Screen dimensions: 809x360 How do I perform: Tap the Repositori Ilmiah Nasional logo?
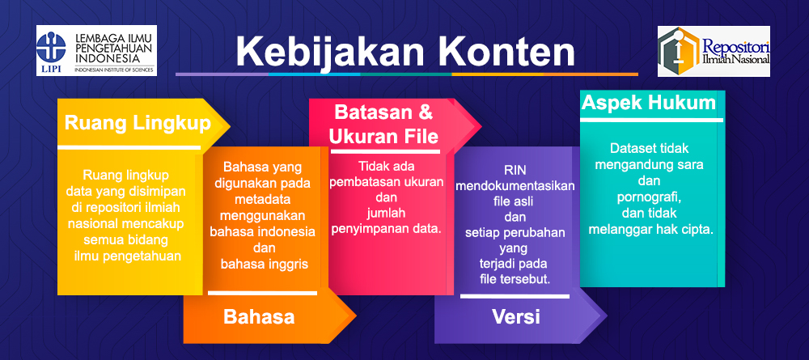click(714, 51)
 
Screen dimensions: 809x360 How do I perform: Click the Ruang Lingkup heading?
click(138, 124)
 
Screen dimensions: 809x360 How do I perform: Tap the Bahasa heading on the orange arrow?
click(259, 316)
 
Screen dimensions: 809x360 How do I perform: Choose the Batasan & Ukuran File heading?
click(383, 125)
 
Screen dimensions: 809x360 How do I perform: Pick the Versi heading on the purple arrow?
click(516, 316)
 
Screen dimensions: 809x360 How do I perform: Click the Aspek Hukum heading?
click(649, 103)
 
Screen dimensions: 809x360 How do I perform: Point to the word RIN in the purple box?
click(515, 170)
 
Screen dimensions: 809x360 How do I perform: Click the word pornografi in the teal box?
click(649, 197)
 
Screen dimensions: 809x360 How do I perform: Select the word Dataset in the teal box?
click(629, 149)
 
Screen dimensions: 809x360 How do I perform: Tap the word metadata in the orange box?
click(262, 199)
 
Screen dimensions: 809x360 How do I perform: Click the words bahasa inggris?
click(265, 264)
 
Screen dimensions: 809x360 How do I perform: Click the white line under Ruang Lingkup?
click(129, 147)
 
